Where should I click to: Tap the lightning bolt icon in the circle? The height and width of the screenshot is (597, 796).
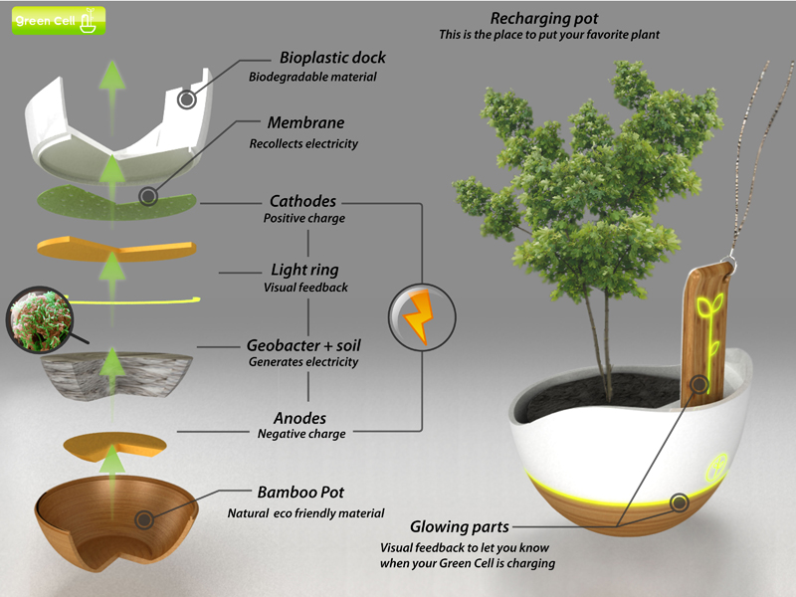point(420,314)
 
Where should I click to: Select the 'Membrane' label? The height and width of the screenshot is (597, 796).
point(305,123)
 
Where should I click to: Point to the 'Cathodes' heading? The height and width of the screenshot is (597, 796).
point(303,200)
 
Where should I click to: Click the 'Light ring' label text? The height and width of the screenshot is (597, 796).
point(304,270)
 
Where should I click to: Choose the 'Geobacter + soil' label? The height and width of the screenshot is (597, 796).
point(303,345)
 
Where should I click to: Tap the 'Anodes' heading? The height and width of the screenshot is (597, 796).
point(299,418)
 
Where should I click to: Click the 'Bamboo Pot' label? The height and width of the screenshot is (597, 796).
point(300,494)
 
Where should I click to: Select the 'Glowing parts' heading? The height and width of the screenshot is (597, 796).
point(460,526)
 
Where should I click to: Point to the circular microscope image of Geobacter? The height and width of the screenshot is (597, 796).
point(41,319)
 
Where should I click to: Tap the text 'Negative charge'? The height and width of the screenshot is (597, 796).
point(301,434)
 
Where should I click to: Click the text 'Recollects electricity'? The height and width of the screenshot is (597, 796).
point(303,143)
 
